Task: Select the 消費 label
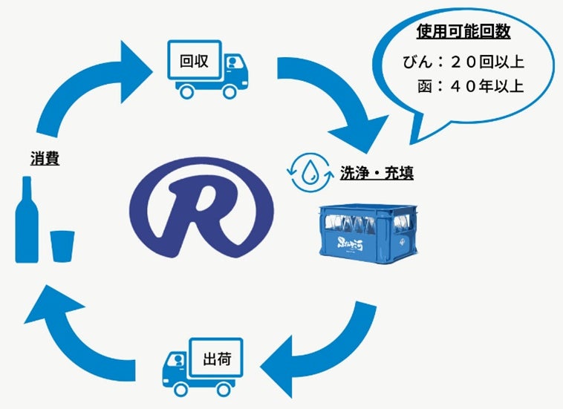coord(45,159)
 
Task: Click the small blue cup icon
coord(62,244)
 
